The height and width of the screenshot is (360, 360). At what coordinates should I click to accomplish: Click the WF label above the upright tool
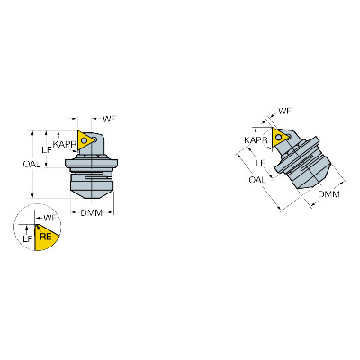pyautogui.click(x=109, y=119)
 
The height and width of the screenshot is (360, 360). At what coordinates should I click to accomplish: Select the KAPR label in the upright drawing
pyautogui.click(x=65, y=145)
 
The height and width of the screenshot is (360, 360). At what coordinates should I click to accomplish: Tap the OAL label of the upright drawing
pyautogui.click(x=31, y=164)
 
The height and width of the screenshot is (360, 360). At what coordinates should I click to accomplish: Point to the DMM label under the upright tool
pyautogui.click(x=92, y=212)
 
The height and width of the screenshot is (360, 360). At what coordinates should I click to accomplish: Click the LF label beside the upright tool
pyautogui.click(x=47, y=149)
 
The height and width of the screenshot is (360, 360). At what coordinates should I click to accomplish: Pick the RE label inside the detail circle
pyautogui.click(x=46, y=237)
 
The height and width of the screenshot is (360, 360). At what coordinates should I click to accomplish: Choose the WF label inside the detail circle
pyautogui.click(x=50, y=218)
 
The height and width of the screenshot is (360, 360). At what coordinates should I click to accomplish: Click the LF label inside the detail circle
pyautogui.click(x=28, y=238)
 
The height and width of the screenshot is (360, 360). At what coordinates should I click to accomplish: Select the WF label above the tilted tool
pyautogui.click(x=284, y=112)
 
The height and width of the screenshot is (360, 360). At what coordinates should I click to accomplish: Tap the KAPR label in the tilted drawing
pyautogui.click(x=256, y=140)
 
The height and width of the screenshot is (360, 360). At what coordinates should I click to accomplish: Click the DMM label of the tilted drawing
pyautogui.click(x=328, y=194)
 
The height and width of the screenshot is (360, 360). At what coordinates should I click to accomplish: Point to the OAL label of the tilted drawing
pyautogui.click(x=257, y=180)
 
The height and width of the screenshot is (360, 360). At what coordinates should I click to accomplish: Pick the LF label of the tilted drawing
pyautogui.click(x=261, y=164)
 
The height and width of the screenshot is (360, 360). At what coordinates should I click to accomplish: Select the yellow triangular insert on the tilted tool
pyautogui.click(x=280, y=138)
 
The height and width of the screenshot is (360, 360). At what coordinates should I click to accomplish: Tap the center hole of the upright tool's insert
pyautogui.click(x=85, y=139)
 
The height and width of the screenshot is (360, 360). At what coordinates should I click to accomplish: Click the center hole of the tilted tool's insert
pyautogui.click(x=279, y=137)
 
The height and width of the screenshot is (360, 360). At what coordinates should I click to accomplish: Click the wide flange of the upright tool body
pyautogui.click(x=92, y=164)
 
